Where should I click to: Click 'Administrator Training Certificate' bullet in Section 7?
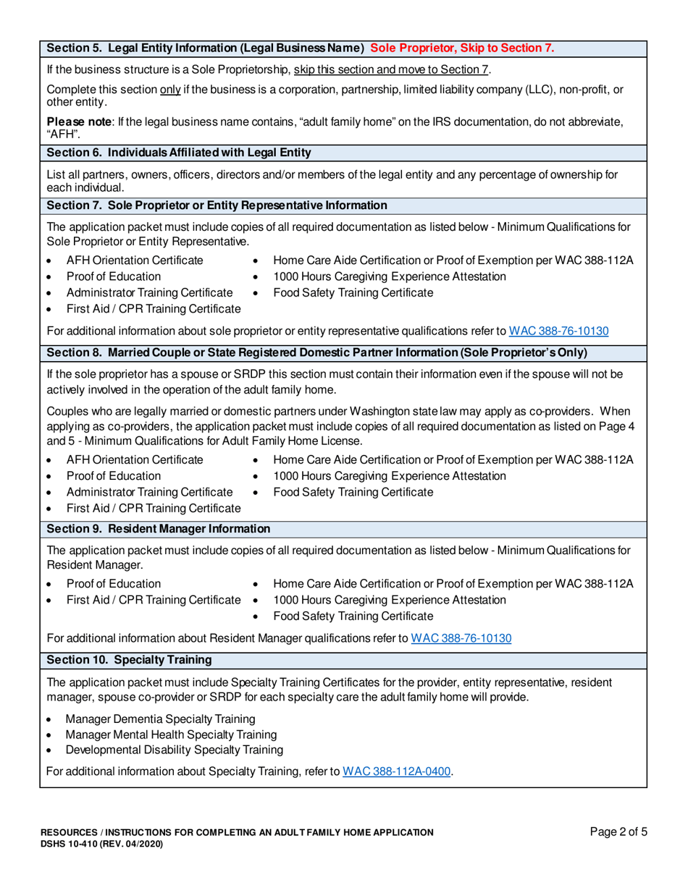pos(149,293)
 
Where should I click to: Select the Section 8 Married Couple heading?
pos(316,352)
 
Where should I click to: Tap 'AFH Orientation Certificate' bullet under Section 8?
pos(135,459)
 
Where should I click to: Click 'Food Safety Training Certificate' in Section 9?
pos(353,616)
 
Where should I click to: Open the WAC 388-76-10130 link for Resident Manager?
pos(461,638)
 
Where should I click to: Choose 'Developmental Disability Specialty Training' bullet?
pos(174,750)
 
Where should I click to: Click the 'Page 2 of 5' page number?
pos(618,832)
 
